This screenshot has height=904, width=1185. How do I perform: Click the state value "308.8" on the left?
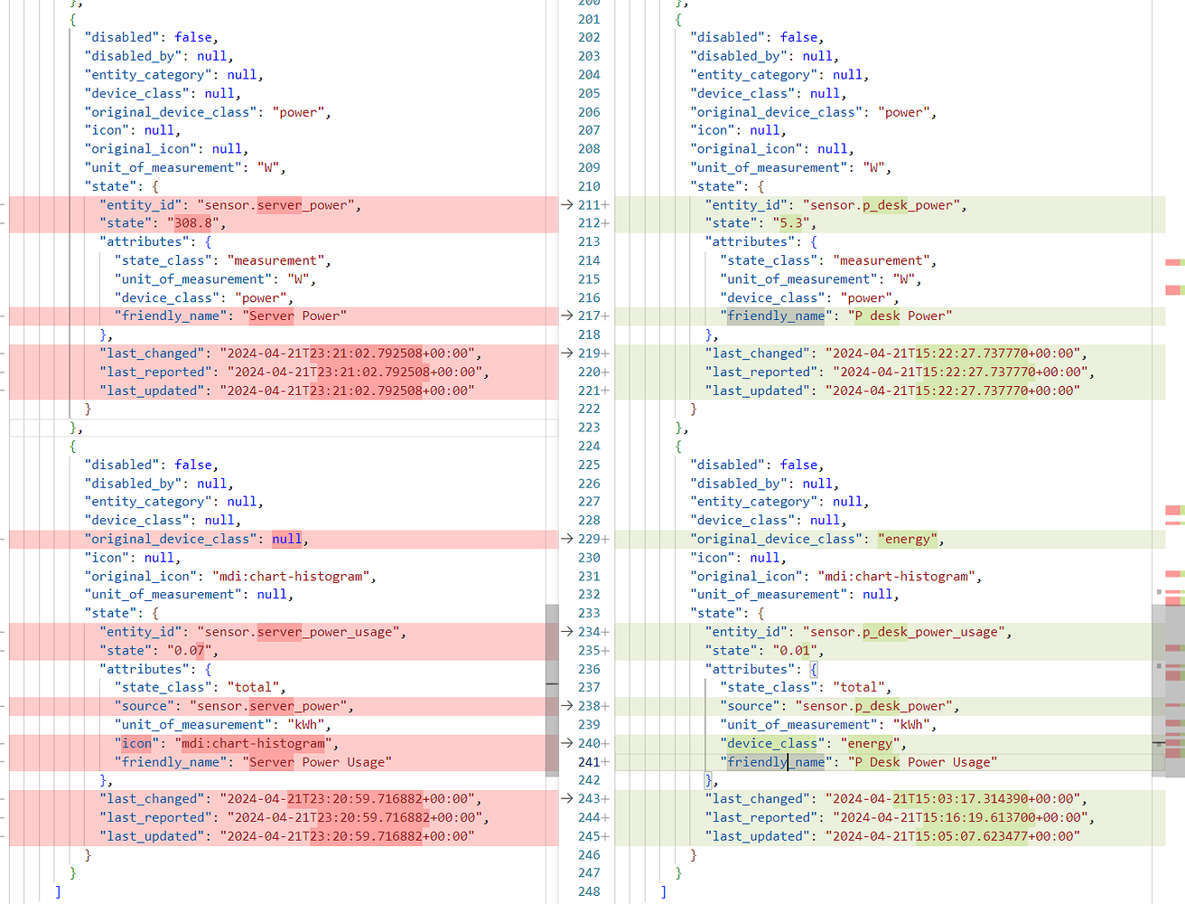coord(193,223)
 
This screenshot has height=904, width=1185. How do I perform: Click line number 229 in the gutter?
coord(588,539)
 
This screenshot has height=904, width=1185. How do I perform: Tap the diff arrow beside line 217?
coord(566,315)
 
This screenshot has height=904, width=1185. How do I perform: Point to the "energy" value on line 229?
coord(907,539)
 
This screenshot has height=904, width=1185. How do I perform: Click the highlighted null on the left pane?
coord(286,539)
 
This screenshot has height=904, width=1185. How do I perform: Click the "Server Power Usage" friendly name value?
coord(316,762)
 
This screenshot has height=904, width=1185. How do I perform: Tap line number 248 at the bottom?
coord(588,891)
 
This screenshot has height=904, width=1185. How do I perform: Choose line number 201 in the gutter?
coord(588,19)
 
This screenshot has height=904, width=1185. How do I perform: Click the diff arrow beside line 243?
coord(566,799)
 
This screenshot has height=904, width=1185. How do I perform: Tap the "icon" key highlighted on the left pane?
coord(136,743)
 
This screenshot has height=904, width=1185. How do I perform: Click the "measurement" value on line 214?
coord(884,260)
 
